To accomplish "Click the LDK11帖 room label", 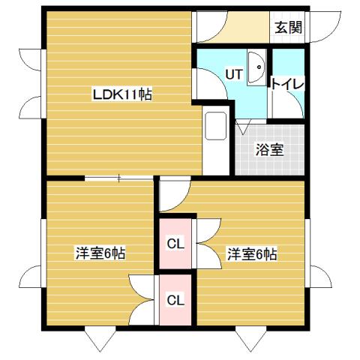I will click(x=122, y=95).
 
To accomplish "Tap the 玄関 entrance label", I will click(x=288, y=28).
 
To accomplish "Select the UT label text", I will click(x=233, y=74).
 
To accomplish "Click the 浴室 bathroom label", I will click(x=270, y=148).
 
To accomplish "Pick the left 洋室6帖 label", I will click(x=100, y=253).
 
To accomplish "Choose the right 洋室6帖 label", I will click(x=252, y=254).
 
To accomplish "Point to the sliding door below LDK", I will click(x=120, y=178).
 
